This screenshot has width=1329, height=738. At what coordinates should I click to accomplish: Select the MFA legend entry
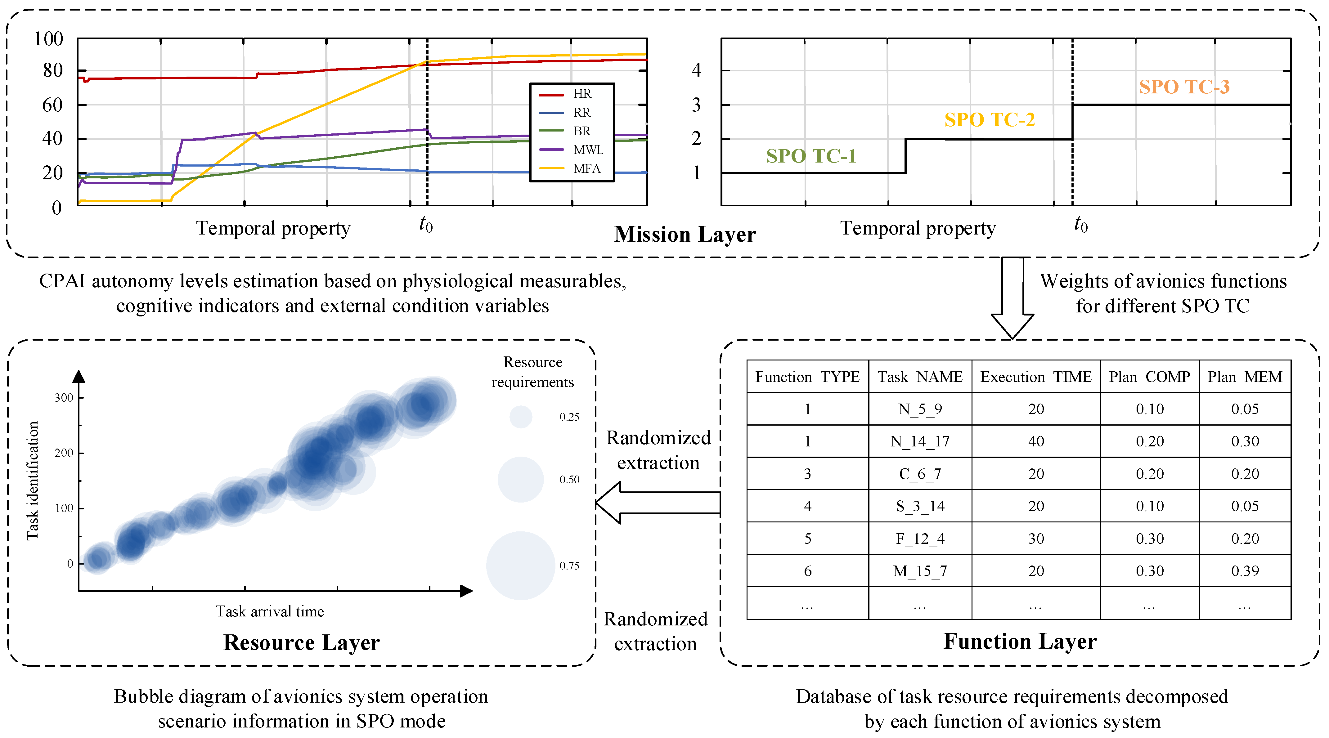point(586,169)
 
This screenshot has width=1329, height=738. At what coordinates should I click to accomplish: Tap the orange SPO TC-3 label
point(1184,87)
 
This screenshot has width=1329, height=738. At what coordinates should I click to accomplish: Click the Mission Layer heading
point(685,235)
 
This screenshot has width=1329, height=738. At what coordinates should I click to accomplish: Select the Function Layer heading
point(1020,641)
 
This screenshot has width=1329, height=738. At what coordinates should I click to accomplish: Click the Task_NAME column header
point(920,377)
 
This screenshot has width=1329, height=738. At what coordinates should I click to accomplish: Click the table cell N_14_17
point(920,441)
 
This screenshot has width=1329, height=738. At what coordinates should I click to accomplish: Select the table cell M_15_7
point(920,571)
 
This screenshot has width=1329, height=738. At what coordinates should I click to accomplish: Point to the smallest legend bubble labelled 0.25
point(521,417)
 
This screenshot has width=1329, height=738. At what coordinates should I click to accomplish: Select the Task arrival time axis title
point(270,612)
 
